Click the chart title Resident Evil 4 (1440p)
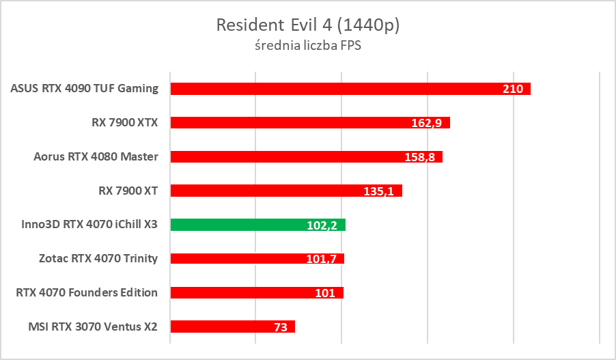pos(307,25)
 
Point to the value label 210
pos(513,89)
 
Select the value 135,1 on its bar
pos(380,191)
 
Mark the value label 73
pos(281,327)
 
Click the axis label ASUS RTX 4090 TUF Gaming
pos(85,88)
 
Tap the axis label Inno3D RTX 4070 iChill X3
pos(85,224)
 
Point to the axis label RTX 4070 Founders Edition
pos(87,292)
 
